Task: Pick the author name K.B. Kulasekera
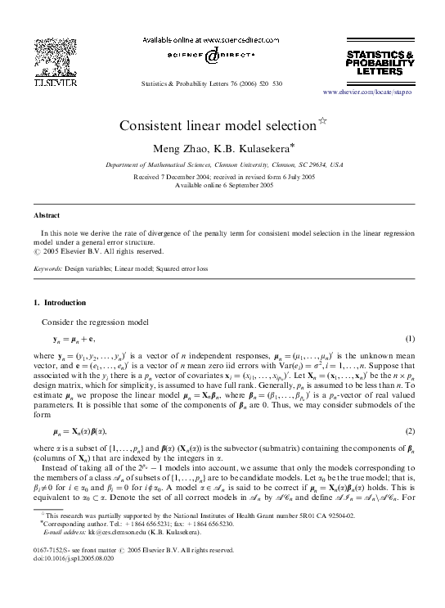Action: pos(255,148)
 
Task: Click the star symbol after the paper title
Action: pos(321,123)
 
